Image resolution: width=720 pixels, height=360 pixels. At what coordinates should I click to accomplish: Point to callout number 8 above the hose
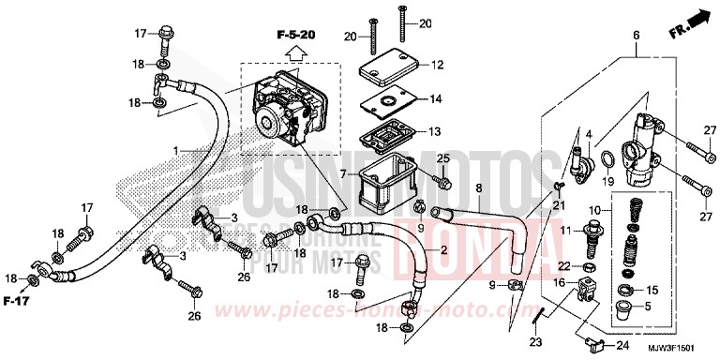(x=478, y=188)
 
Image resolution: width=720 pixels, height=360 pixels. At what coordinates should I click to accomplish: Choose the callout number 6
(x=636, y=35)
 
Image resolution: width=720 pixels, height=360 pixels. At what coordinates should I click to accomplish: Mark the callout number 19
(x=608, y=180)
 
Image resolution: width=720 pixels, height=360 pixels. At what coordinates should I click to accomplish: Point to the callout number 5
(x=649, y=305)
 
